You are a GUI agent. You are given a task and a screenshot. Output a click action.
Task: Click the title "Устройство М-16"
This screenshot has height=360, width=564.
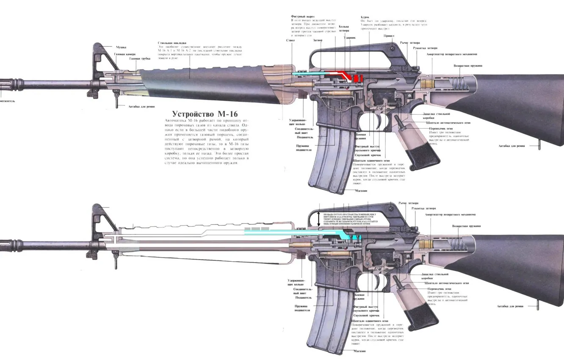[205, 114]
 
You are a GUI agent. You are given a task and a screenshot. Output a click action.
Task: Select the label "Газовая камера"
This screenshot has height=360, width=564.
[125, 54]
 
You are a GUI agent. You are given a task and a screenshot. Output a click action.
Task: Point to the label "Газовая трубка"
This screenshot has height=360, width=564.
[140, 59]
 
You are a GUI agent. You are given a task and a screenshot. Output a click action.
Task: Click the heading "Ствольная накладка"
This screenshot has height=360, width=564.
[171, 43]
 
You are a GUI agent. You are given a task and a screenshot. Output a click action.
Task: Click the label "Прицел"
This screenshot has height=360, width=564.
[389, 36]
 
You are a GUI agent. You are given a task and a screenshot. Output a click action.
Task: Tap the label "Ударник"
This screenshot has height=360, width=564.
[350, 38]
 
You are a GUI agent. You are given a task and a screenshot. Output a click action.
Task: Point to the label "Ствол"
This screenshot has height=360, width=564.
[290, 40]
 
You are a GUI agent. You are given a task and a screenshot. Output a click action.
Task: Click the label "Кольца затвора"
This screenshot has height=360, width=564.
[344, 28]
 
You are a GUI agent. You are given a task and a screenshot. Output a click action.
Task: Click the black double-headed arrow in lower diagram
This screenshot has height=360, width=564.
[319, 219]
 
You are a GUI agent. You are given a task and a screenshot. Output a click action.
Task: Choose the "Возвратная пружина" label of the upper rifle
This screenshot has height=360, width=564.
[467, 66]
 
